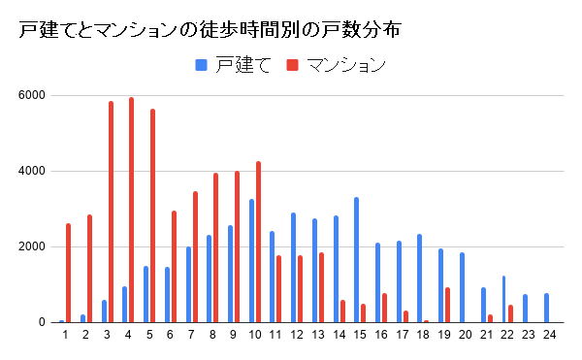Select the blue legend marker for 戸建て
[x=202, y=65]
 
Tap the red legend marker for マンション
[x=292, y=65]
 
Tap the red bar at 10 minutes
[x=258, y=242]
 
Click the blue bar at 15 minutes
[x=357, y=260]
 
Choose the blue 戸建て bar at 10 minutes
[x=251, y=261]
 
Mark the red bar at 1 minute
[x=68, y=273]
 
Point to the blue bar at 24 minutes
[x=546, y=308]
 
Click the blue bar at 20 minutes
[x=462, y=287]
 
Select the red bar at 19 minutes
[x=447, y=305]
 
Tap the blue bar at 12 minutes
[x=293, y=268]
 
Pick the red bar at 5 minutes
[x=152, y=215]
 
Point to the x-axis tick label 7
[x=191, y=335]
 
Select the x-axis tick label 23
[x=528, y=335]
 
